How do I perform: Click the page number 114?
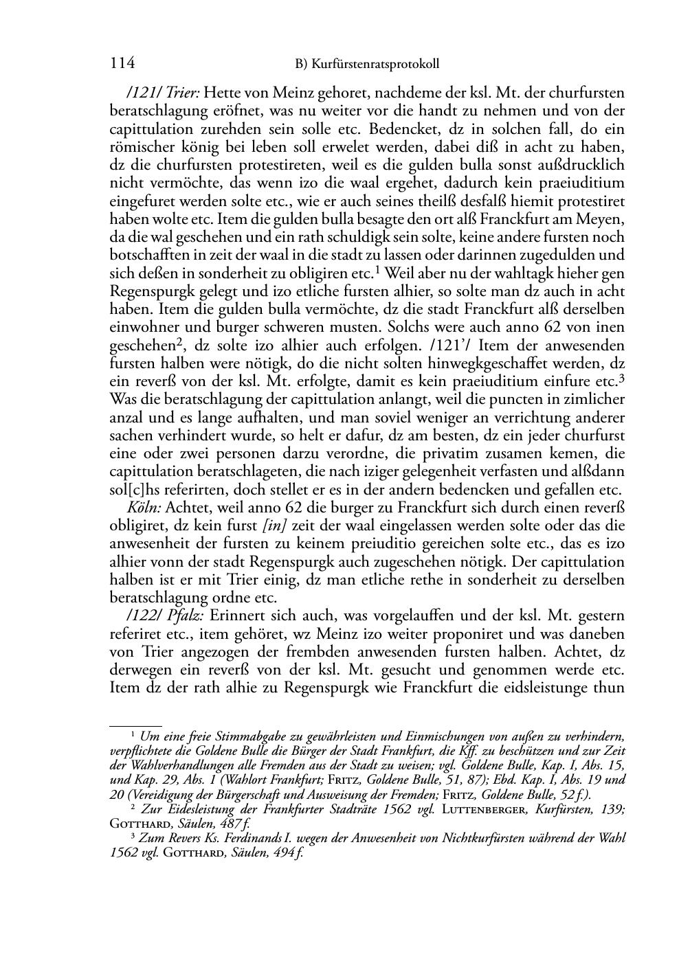point(122,63)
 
